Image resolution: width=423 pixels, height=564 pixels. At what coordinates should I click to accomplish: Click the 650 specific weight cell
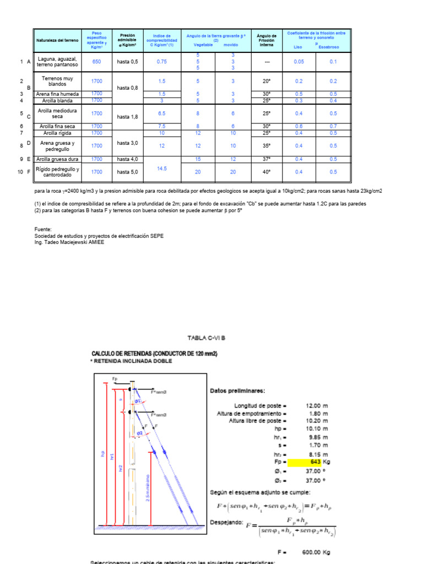(96, 62)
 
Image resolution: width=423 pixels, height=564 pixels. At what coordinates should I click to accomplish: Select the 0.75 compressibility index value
(161, 62)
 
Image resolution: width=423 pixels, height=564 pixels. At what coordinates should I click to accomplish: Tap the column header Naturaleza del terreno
(57, 41)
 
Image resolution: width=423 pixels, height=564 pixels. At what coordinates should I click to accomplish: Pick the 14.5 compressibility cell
(161, 168)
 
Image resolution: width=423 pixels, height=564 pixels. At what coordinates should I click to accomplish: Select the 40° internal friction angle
(266, 171)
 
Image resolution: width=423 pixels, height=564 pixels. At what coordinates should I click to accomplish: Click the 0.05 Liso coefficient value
(299, 62)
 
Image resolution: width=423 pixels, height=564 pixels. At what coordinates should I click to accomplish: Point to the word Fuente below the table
(42, 229)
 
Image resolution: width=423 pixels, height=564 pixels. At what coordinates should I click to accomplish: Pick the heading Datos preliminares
(237, 391)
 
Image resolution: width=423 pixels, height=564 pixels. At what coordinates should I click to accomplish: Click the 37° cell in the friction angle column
(266, 159)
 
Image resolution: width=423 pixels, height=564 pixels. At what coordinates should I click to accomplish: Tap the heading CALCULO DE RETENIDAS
(154, 354)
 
